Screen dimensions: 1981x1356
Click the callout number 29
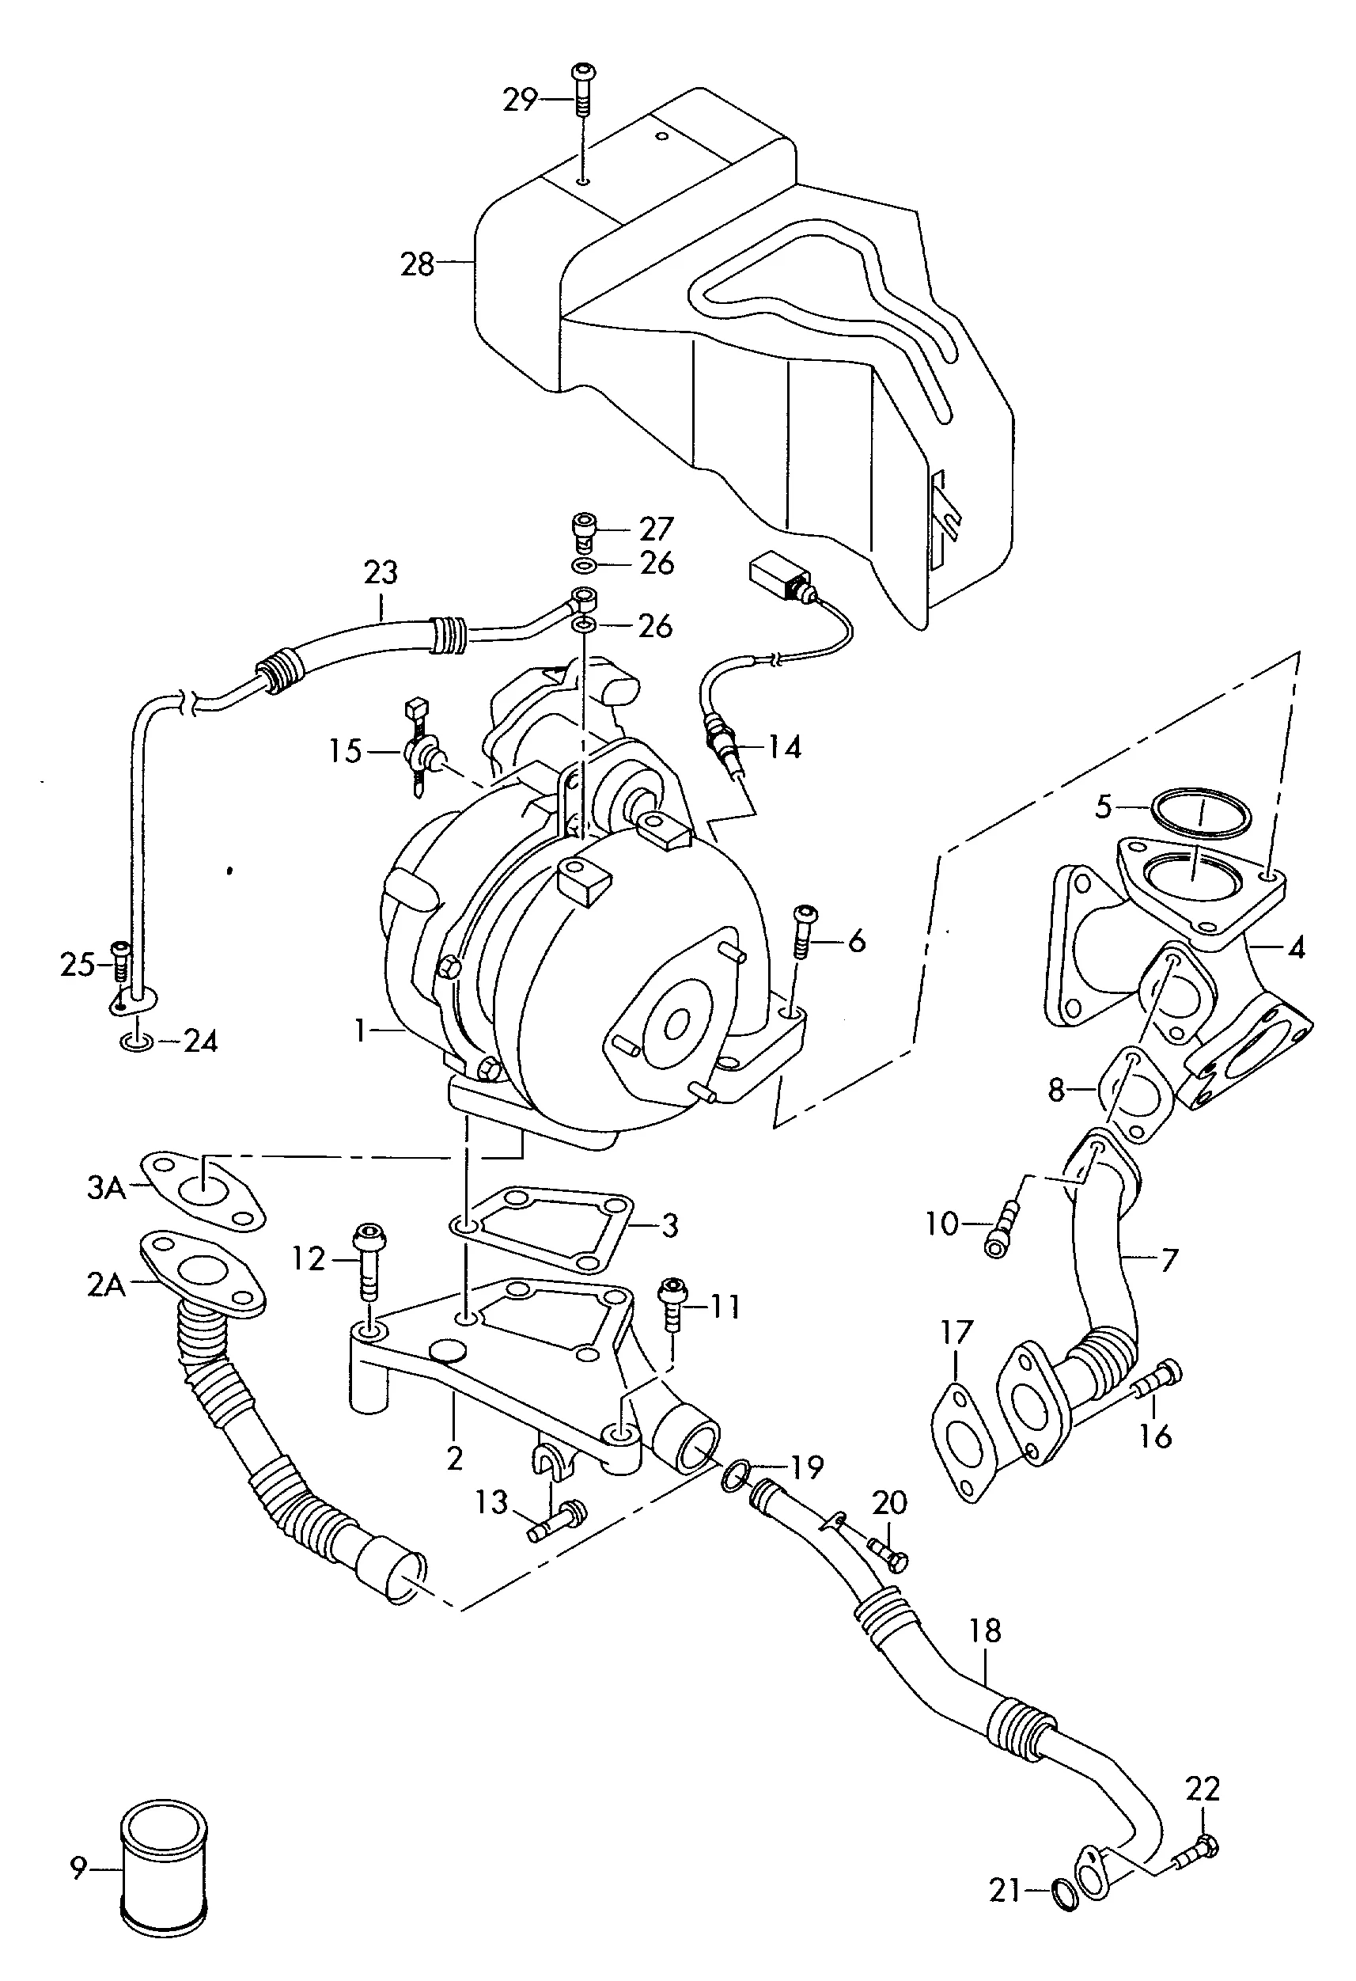(x=519, y=100)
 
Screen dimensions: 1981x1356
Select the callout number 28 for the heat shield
(x=418, y=264)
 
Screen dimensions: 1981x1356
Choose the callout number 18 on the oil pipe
(x=985, y=1631)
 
